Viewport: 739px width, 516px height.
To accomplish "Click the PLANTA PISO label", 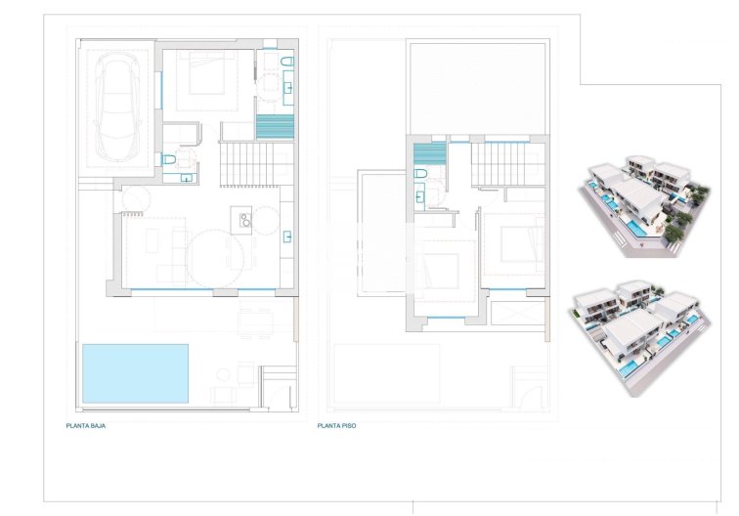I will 335,426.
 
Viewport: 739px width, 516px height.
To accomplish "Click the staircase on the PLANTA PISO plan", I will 503,163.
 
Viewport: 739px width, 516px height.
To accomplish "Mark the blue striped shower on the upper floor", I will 428,153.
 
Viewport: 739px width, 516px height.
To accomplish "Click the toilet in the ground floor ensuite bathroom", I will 286,64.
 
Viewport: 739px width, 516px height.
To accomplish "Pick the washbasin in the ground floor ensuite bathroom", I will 289,90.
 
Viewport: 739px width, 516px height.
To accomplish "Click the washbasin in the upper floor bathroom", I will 420,195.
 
